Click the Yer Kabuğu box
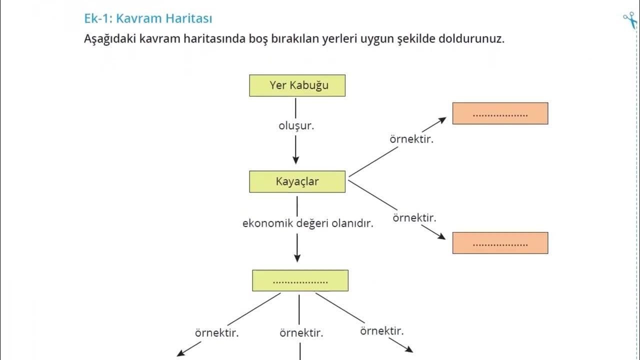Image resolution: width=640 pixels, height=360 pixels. [297, 85]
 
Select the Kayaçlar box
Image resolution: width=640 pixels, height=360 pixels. [297, 181]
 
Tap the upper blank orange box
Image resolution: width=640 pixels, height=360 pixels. [500, 113]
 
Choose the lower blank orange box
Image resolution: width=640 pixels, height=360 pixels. [500, 243]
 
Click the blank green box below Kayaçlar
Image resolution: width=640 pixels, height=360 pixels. [300, 280]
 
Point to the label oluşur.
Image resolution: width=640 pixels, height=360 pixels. [296, 126]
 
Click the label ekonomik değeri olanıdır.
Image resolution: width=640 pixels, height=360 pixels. [308, 223]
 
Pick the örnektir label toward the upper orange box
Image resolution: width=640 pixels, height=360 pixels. [411, 139]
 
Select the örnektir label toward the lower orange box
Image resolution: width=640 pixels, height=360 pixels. [414, 218]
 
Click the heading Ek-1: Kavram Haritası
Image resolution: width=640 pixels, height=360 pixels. [148, 19]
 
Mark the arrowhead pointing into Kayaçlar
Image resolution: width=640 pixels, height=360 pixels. [295, 160]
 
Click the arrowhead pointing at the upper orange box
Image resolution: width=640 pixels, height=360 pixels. [441, 120]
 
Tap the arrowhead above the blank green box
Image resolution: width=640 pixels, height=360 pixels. [297, 258]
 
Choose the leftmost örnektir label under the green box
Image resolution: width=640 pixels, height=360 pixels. [216, 332]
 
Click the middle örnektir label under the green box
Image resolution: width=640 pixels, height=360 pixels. [301, 332]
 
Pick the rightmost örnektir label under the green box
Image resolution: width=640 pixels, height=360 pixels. [382, 331]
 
